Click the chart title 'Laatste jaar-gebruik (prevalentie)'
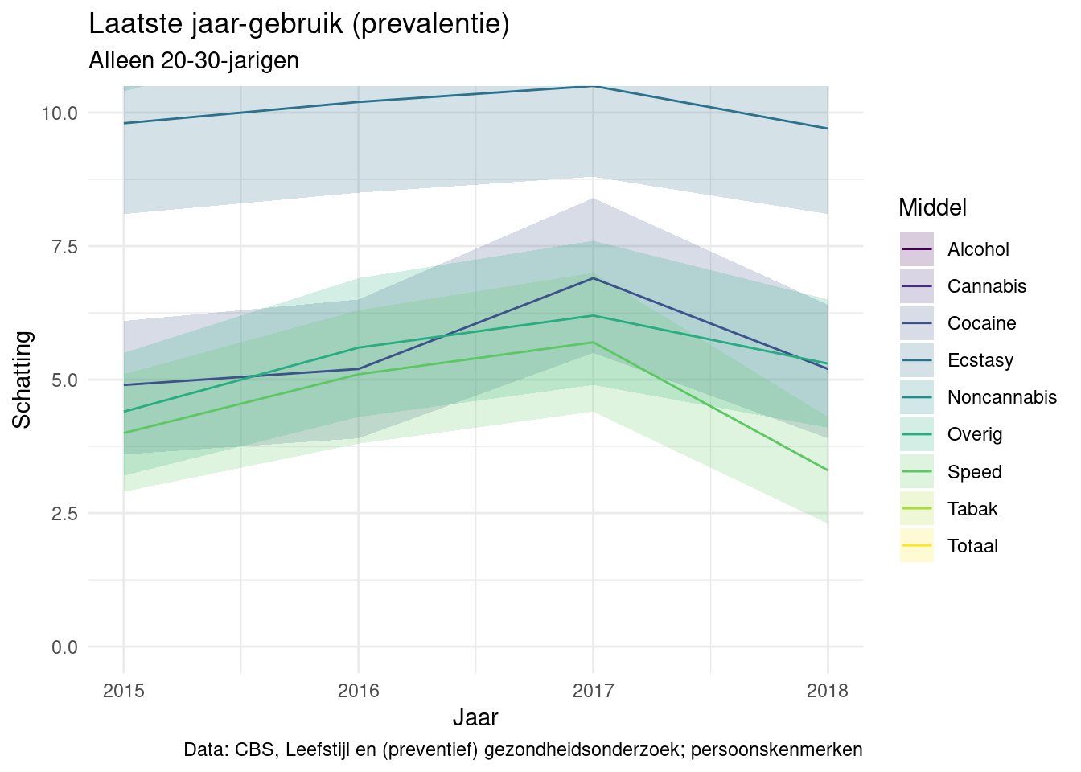pos(299,24)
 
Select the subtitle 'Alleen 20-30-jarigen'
pos(194,60)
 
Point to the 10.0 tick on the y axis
pos(60,113)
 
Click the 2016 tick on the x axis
pos(358,691)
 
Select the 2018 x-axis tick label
pos(828,691)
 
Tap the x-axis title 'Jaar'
pos(475,717)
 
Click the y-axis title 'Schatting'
pos(23,380)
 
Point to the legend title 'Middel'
pos(932,207)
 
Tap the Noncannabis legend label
pos(1002,397)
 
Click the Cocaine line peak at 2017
pos(593,278)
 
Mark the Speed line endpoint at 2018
pos(828,470)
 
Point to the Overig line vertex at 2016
pos(358,347)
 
